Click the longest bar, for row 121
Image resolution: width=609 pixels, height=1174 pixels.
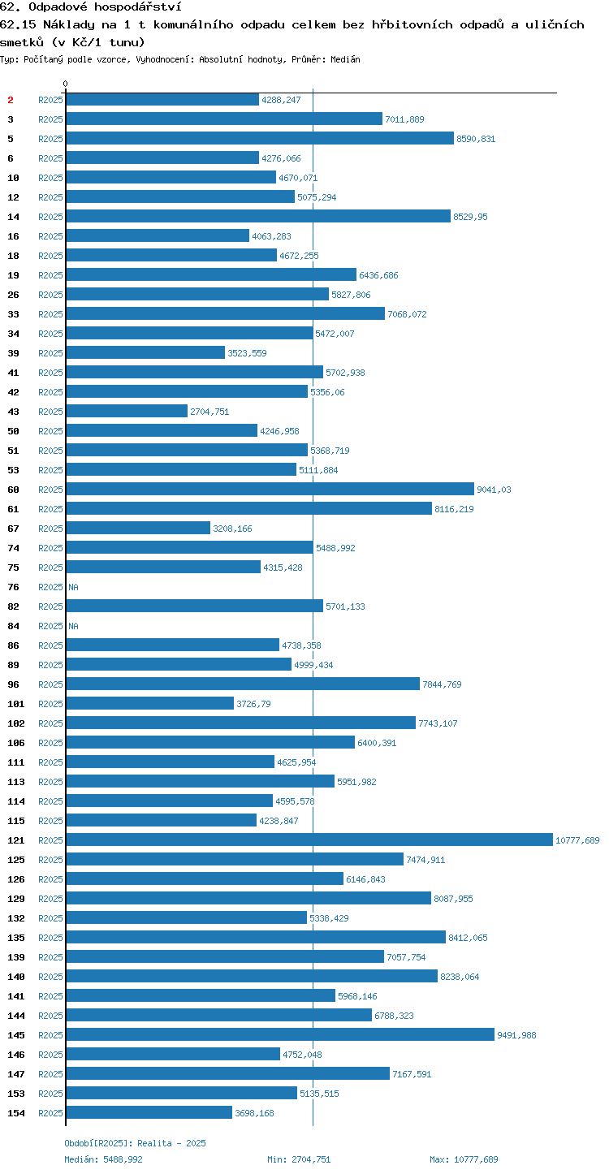(x=309, y=839)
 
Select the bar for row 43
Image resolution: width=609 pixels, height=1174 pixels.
(x=127, y=411)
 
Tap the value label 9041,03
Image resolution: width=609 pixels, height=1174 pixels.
(x=494, y=490)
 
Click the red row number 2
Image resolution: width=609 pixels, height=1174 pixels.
(x=11, y=100)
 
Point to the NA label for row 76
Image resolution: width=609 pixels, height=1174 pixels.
(x=73, y=587)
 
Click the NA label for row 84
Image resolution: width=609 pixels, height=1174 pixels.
(x=73, y=626)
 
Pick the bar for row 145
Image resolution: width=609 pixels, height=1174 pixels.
(x=280, y=1034)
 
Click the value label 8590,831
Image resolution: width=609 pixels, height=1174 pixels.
(x=476, y=139)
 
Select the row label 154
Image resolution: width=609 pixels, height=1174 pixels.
(x=16, y=1112)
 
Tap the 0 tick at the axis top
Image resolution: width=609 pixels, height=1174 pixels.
(x=65, y=84)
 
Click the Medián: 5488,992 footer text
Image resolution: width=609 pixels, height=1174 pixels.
(x=103, y=1159)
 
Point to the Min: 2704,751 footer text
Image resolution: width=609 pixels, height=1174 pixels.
(x=299, y=1159)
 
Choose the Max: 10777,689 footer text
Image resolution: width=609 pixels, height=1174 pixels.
(x=464, y=1159)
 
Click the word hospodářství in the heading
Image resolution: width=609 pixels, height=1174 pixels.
(x=138, y=6)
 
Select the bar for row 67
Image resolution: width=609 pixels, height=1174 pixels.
(x=138, y=528)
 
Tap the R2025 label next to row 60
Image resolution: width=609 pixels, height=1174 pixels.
(x=50, y=490)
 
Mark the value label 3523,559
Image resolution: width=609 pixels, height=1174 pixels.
(x=247, y=353)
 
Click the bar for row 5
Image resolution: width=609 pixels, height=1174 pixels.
(x=260, y=138)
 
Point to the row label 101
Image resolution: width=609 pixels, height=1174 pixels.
(x=16, y=704)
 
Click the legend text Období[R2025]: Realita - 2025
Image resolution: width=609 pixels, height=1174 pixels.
(x=136, y=1143)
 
